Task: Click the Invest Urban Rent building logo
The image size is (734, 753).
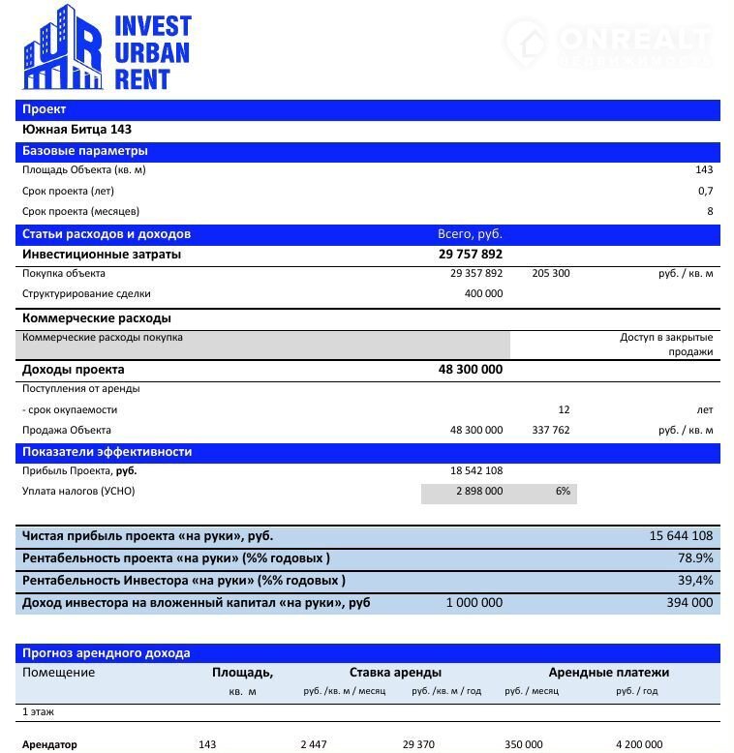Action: (61, 48)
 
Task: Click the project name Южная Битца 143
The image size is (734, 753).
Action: (76, 130)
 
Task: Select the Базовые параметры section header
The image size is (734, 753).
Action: (85, 151)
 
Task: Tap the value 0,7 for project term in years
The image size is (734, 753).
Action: (705, 191)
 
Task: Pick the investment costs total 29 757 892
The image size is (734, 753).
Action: (471, 255)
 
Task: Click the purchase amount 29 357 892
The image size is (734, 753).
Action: (476, 274)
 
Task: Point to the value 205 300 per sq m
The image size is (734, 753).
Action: (551, 274)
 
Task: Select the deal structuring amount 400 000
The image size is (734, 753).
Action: (483, 294)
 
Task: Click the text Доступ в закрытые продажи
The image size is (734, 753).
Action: (666, 345)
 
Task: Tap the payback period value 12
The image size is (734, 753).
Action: (564, 409)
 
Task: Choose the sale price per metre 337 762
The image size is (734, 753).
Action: (551, 430)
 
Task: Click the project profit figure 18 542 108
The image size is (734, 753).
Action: (476, 471)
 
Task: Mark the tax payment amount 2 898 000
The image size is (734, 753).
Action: (479, 492)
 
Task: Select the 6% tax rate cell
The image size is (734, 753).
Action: (563, 492)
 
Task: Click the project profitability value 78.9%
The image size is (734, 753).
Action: (695, 558)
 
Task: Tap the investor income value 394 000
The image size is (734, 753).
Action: (690, 603)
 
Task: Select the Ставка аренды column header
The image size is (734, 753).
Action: (395, 673)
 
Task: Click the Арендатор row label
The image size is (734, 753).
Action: (49, 744)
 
